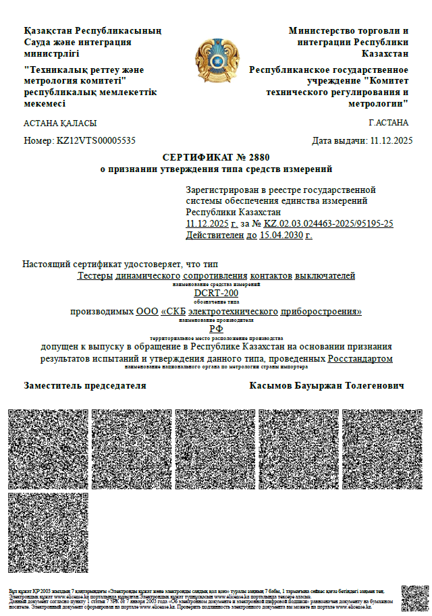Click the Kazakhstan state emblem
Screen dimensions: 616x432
tap(215, 61)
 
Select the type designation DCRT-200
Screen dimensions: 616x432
tap(216, 293)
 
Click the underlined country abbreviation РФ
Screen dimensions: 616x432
tap(216, 328)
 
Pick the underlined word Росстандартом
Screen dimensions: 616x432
tap(360, 359)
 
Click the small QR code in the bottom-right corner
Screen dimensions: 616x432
tap(414, 598)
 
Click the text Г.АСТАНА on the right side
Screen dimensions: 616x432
tap(389, 123)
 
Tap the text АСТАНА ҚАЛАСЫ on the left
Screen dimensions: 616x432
tap(60, 123)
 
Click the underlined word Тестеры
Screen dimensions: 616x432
tap(95, 276)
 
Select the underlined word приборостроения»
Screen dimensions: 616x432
tap(321, 311)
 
